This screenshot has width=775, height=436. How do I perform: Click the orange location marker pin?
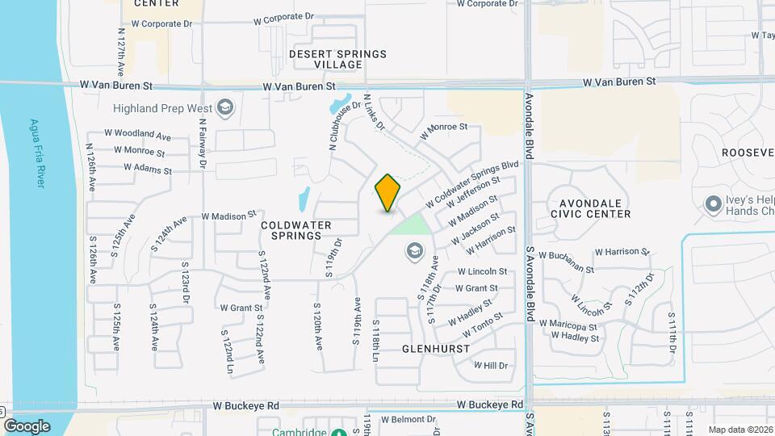coord(388,193)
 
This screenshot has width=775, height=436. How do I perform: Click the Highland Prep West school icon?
coord(225,108)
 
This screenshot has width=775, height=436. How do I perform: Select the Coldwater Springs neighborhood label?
coord(291,229)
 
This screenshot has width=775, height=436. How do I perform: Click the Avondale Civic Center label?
coord(590,208)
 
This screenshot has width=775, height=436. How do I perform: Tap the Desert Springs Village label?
coord(338,59)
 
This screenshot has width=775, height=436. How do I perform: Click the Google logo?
coord(27,426)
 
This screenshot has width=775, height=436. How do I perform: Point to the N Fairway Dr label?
coord(203,144)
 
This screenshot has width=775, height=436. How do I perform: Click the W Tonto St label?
coord(482,325)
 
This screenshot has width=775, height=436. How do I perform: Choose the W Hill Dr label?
coord(490,366)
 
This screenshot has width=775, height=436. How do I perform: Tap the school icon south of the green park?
coord(415,252)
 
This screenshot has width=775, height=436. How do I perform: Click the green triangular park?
coord(410,224)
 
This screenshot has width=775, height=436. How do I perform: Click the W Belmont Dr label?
coord(408,420)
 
